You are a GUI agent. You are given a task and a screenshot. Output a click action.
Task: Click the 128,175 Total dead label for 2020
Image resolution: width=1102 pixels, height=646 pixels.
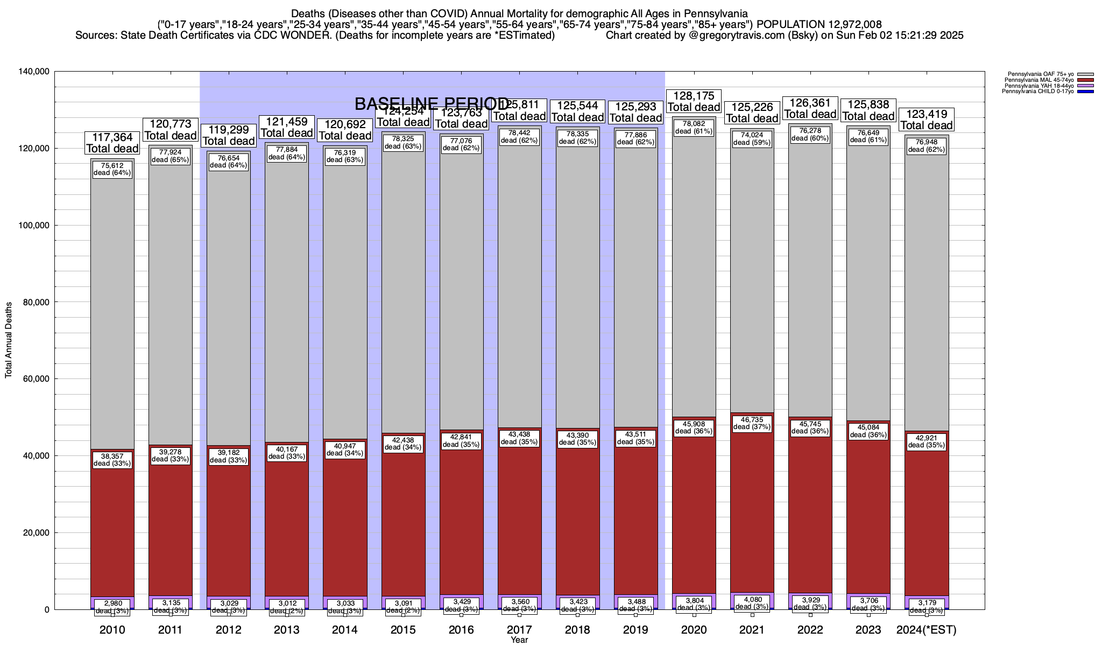[694, 101]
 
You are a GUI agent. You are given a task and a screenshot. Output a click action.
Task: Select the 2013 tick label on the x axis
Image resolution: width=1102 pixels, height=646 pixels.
[287, 630]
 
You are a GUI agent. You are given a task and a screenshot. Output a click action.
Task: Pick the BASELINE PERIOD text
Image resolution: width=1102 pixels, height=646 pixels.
[432, 104]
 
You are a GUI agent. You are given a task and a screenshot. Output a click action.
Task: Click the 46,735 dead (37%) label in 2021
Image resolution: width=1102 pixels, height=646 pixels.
[752, 423]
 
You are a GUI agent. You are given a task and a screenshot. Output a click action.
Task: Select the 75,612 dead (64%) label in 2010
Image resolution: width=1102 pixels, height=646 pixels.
[112, 169]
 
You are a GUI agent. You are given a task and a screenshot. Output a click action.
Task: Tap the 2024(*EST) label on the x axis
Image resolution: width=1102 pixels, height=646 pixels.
[926, 630]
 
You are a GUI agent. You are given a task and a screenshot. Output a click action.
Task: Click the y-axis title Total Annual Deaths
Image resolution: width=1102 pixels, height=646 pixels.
[9, 340]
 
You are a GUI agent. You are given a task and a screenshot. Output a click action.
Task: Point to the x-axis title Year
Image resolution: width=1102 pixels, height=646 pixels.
[519, 640]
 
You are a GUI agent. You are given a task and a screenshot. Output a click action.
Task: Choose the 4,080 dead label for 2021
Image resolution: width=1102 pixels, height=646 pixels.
[752, 603]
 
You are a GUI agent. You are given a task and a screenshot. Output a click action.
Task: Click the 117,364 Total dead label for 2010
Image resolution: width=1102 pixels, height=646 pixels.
[112, 143]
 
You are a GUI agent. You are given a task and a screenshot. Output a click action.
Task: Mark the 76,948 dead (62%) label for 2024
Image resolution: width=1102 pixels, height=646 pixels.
[926, 146]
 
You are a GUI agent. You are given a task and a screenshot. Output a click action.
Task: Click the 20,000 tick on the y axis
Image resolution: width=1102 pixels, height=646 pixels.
[36, 532]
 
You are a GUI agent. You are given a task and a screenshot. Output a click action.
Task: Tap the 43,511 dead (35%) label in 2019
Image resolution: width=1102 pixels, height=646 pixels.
[635, 438]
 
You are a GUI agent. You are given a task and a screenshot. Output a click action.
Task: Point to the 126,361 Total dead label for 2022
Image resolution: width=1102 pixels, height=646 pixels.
[810, 108]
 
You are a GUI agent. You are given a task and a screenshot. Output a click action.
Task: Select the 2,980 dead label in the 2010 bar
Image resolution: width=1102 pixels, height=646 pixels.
[112, 607]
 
